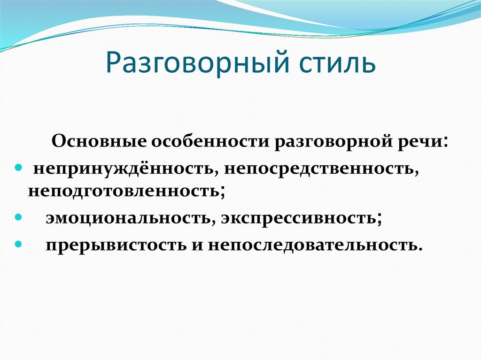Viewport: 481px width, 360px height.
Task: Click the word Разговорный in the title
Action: click(x=198, y=63)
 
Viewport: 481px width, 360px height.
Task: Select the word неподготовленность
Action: click(x=124, y=191)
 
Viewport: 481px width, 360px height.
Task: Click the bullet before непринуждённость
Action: click(x=19, y=168)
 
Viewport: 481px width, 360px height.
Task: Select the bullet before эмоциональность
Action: click(x=19, y=217)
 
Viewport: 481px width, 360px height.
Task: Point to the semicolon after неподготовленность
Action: click(x=222, y=191)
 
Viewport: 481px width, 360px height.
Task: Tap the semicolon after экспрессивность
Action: click(x=379, y=219)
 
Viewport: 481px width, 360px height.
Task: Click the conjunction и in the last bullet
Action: click(x=197, y=246)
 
